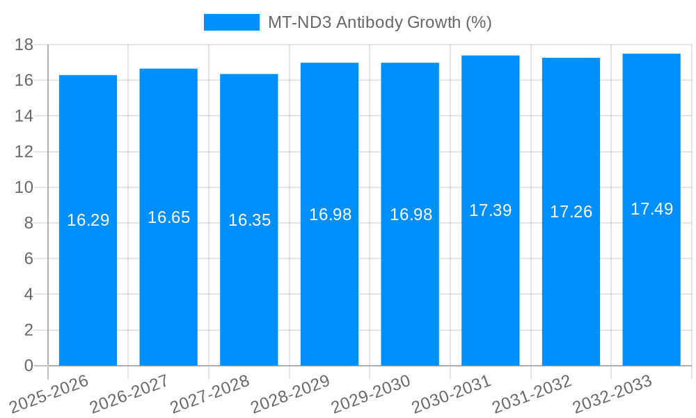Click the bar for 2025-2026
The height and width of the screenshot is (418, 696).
(x=88, y=279)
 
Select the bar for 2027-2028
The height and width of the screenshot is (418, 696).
(x=249, y=279)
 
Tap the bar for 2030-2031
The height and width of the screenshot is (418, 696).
(x=491, y=279)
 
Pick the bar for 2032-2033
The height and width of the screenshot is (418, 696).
(x=651, y=279)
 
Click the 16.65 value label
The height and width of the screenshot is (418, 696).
(x=168, y=217)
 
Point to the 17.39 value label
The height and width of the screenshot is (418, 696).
(x=491, y=210)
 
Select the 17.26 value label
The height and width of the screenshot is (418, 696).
(x=571, y=212)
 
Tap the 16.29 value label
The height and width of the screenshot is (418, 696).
(x=88, y=220)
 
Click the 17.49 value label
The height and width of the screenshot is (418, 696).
(x=651, y=209)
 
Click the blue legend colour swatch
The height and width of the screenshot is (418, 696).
(x=231, y=22)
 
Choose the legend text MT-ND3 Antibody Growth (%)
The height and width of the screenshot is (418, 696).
(x=380, y=22)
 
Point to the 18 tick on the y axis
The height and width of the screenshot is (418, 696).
(x=24, y=45)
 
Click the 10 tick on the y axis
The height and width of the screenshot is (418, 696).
(x=24, y=187)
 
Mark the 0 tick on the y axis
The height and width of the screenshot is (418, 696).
(x=29, y=366)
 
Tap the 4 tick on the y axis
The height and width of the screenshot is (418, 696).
(x=29, y=295)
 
